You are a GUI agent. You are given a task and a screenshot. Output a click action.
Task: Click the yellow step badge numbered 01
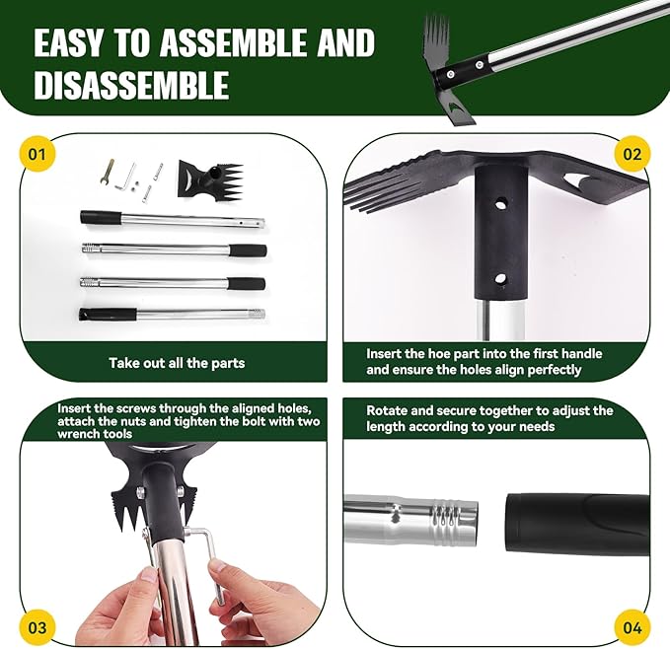tap(37, 155)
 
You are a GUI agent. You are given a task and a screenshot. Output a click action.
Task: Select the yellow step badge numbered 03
tap(37, 625)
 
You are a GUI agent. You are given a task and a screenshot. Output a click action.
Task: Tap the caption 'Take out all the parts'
tap(177, 363)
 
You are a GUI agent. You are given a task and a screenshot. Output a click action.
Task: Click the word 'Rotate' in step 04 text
tap(389, 410)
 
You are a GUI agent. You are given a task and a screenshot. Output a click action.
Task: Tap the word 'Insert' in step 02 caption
tap(386, 353)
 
